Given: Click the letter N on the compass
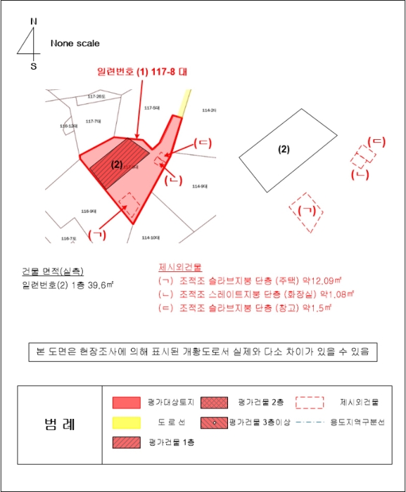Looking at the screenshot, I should click(33, 21).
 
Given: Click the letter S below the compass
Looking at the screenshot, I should click(33, 66).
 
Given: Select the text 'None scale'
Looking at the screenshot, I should click(75, 44).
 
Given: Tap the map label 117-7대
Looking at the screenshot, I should click(93, 121).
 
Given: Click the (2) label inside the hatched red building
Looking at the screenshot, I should click(117, 165).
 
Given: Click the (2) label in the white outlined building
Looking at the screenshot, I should click(284, 149).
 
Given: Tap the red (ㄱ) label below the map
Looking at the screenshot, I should click(98, 234).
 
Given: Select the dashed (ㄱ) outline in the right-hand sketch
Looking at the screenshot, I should click(306, 211).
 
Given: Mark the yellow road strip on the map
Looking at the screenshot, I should click(184, 103).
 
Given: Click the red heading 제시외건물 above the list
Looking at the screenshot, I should click(180, 268).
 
